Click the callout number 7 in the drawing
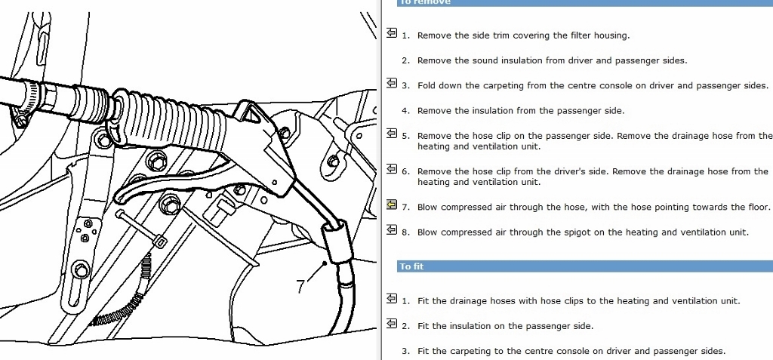coord(301,287)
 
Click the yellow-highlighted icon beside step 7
coord(391,205)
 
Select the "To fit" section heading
coord(411,266)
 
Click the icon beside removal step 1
coord(391,33)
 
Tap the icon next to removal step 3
coord(391,84)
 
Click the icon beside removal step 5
coord(391,134)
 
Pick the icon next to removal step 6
coord(391,170)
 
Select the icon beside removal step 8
coord(391,230)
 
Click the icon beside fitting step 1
coord(391,299)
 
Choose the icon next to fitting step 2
coord(391,324)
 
